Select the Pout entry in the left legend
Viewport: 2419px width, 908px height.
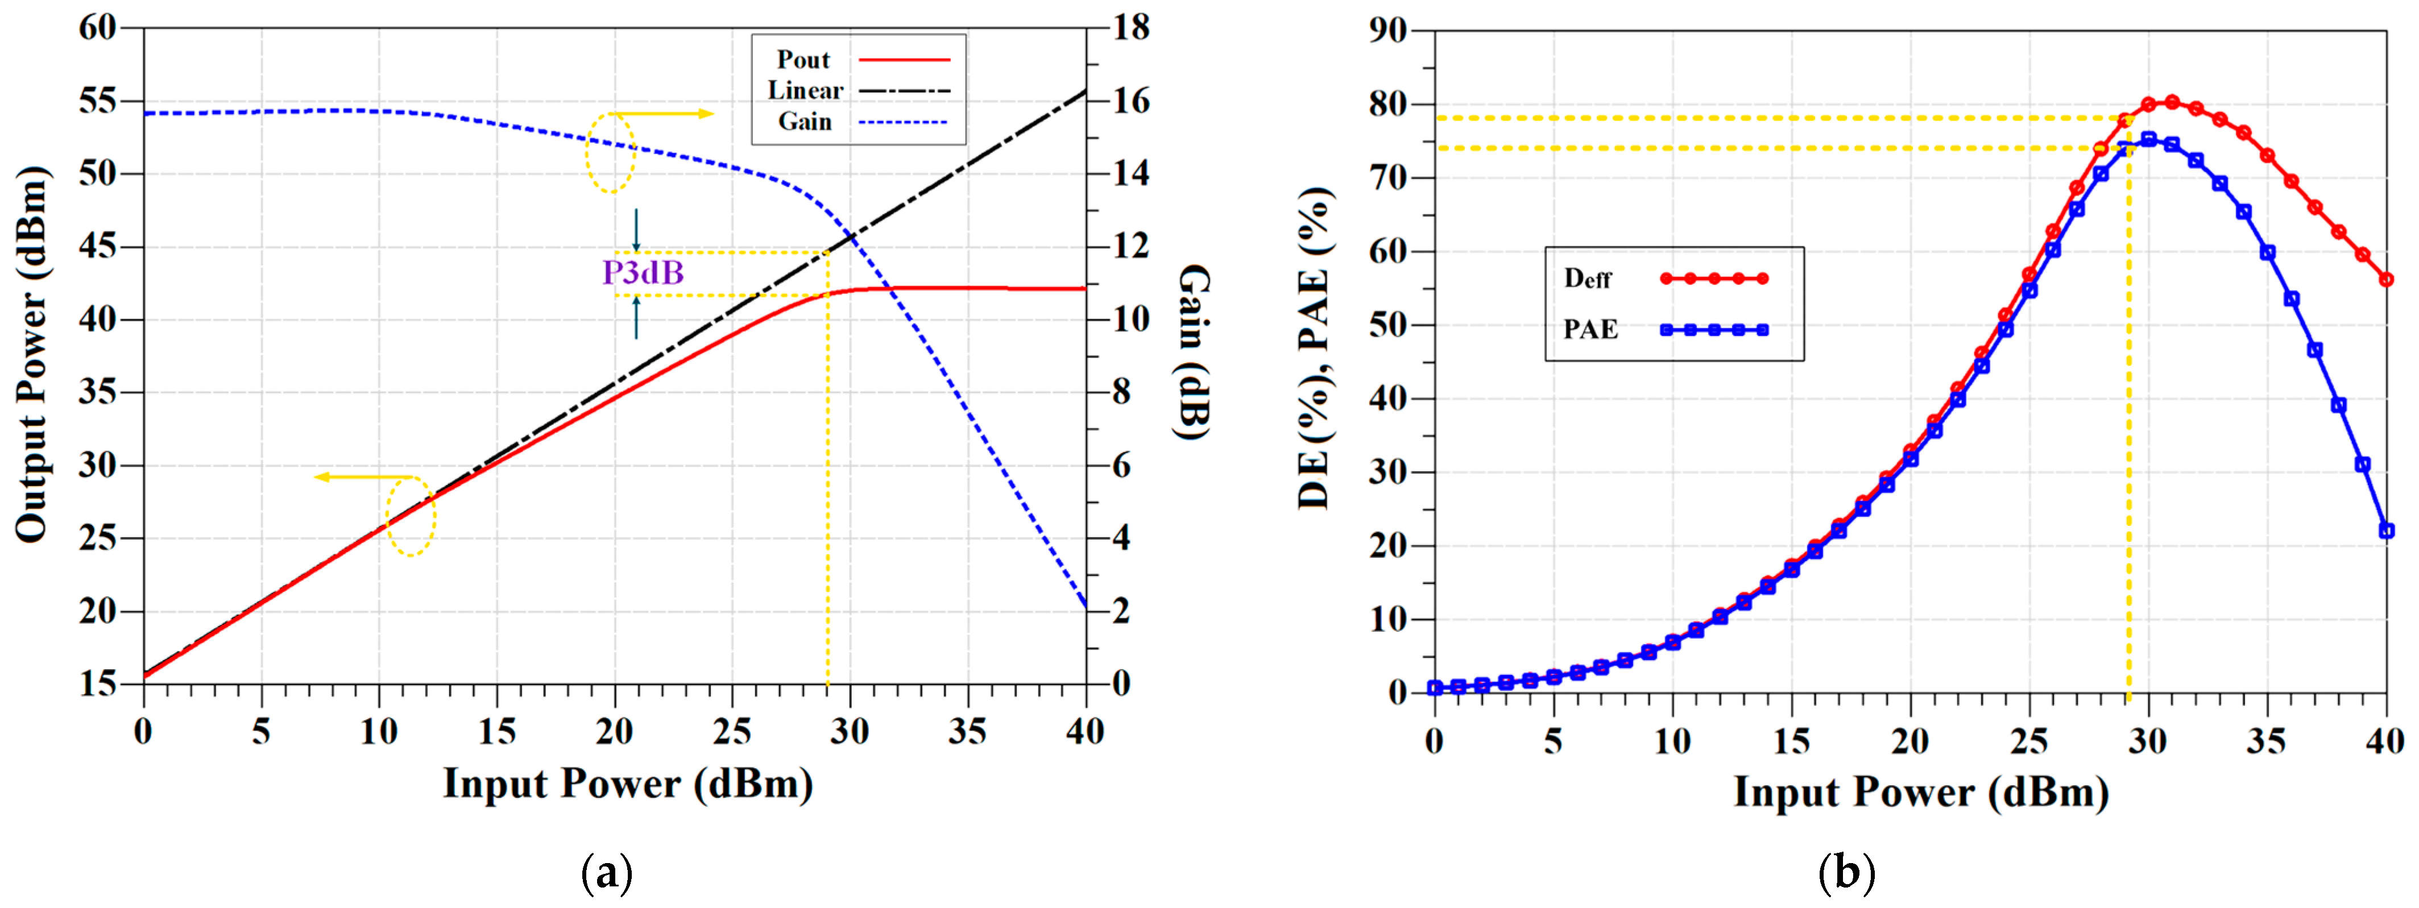click(x=804, y=60)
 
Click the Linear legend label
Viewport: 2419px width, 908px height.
click(x=805, y=91)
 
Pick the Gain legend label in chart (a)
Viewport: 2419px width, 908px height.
click(x=805, y=122)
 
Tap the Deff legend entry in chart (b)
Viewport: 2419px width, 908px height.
click(x=1588, y=279)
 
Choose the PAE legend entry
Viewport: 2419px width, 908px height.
click(x=1590, y=330)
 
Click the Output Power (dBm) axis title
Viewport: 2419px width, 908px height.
click(x=32, y=354)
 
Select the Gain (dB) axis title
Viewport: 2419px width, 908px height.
click(x=1192, y=352)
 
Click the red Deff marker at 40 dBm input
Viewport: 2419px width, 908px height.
click(x=2386, y=279)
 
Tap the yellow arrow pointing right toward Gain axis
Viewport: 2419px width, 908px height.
click(x=662, y=114)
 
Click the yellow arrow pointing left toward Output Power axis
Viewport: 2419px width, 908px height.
click(x=362, y=477)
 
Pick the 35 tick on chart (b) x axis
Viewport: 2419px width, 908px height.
click(x=2266, y=742)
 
